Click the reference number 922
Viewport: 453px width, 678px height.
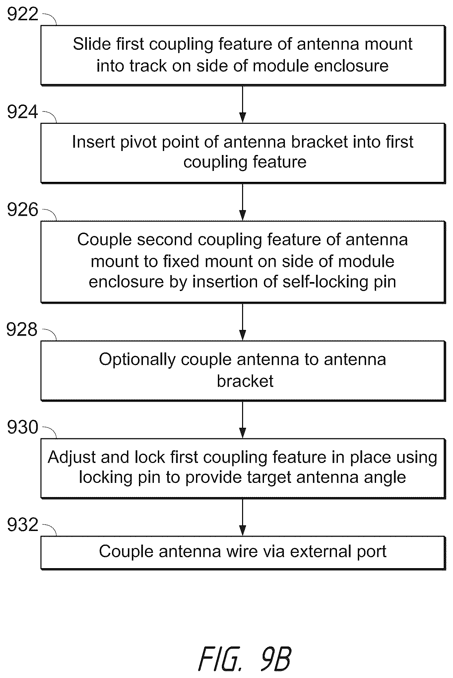pos(23,15)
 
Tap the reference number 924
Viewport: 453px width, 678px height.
pos(23,112)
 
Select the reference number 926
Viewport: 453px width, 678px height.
pos(23,210)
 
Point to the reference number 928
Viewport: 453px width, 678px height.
pos(22,330)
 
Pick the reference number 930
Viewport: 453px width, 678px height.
pos(23,427)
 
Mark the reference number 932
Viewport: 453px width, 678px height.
pos(23,525)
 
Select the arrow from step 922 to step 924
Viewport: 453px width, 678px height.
pos(243,104)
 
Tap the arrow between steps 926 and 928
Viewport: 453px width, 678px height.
pos(243,322)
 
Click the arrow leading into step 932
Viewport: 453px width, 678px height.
pos(243,517)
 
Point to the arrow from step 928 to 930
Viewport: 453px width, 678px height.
pos(243,420)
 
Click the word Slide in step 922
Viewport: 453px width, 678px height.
pos(88,44)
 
